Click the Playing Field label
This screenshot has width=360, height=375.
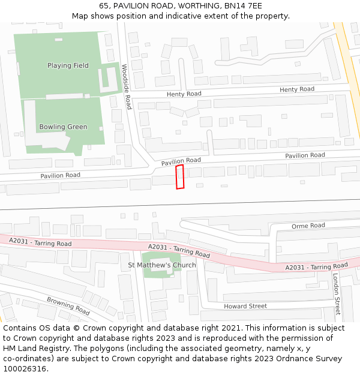pos(68,65)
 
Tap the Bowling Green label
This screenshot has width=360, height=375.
pos(63,127)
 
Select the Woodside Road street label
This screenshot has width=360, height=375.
pos(126,86)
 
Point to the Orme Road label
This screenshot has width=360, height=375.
pos(308,226)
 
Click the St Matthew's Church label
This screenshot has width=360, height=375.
pos(162,265)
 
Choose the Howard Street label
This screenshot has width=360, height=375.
pos(245,306)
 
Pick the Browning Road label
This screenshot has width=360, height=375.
pos(68,305)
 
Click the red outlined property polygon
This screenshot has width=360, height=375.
pos(179,177)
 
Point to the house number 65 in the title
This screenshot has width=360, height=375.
pos(104,5)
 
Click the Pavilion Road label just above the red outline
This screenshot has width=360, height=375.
pos(181,161)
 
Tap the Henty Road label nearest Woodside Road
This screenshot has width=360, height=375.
pos(184,94)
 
